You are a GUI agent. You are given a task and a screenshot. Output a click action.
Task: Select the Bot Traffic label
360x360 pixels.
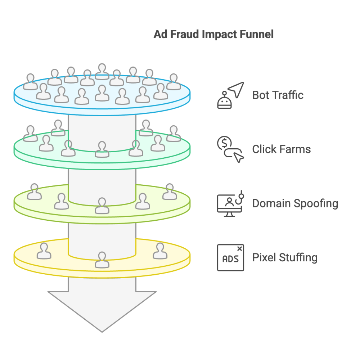click(278, 95)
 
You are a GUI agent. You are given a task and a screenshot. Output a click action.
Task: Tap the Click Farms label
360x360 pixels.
click(281, 149)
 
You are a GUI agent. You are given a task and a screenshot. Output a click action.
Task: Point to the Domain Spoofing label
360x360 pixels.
click(295, 203)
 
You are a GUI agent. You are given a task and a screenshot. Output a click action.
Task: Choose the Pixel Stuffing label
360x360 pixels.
click(284, 258)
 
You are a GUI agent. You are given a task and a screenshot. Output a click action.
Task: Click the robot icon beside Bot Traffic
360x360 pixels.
click(225, 100)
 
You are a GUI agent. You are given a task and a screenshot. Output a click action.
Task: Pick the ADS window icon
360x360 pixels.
click(230, 258)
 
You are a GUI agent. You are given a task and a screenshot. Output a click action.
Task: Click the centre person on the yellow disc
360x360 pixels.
click(102, 260)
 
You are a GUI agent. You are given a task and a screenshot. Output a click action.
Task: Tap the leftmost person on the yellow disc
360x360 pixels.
click(44, 251)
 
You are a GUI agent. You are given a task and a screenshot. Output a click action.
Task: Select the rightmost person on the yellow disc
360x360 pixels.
click(160, 251)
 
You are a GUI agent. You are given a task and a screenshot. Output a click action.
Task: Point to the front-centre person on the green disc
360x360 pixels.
click(102, 149)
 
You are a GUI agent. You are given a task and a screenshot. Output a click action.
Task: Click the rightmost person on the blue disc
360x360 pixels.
click(174, 82)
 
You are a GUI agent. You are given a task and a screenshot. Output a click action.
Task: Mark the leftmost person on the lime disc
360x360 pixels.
click(35, 192)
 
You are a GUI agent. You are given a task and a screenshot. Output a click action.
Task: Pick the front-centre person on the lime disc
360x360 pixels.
click(102, 206)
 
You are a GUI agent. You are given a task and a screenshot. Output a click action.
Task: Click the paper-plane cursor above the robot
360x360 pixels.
click(235, 90)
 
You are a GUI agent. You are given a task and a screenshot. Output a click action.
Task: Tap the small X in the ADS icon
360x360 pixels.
click(240, 248)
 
